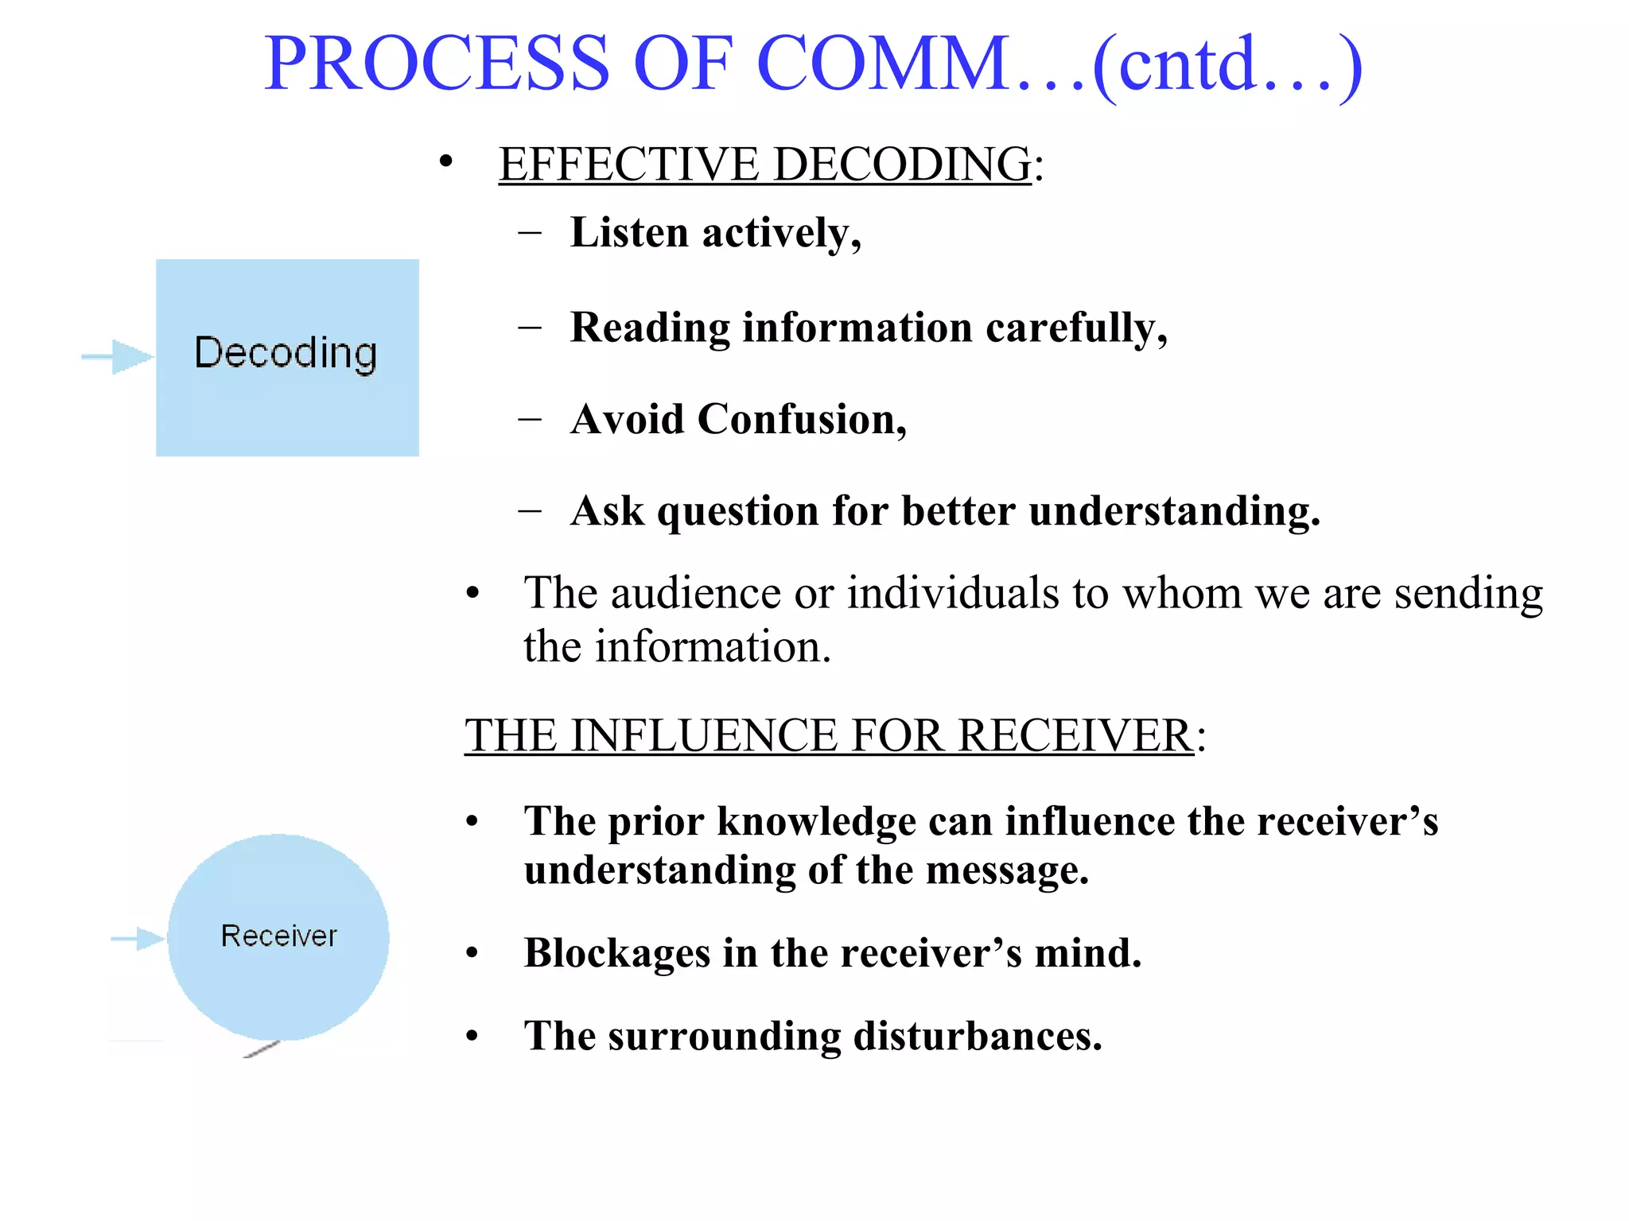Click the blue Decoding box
pos(287,357)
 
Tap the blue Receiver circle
pos(278,937)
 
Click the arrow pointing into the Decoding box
pos(119,356)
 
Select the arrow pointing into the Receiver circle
pos(138,939)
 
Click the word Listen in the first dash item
pos(629,233)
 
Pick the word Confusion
pos(802,419)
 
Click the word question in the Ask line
pos(737,511)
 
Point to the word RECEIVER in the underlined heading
pos(1075,735)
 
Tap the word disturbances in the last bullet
pos(978,1036)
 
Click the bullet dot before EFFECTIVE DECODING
pos(446,163)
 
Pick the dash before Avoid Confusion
pos(530,418)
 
